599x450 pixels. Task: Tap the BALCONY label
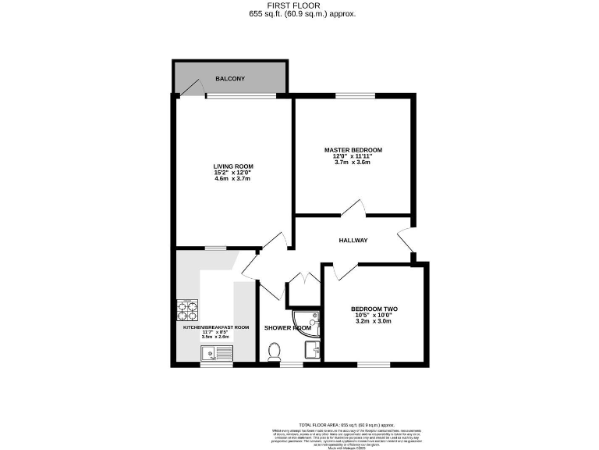230,79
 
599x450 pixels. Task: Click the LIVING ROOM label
233,166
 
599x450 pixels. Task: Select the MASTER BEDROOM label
353,149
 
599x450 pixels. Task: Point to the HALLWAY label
353,241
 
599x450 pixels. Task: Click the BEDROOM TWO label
373,309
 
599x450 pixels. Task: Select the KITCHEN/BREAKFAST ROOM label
216,327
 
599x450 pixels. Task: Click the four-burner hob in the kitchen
188,312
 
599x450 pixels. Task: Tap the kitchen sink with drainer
216,354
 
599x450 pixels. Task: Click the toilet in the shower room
274,354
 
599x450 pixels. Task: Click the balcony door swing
190,91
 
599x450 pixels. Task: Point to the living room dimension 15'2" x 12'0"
233,173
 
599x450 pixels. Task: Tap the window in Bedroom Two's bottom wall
374,364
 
